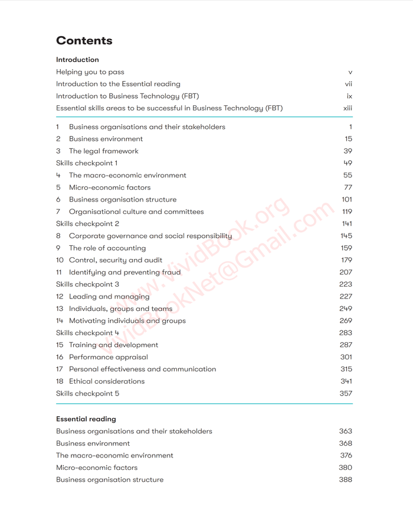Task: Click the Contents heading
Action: click(84, 41)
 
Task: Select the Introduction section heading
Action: click(77, 60)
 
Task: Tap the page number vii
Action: click(349, 84)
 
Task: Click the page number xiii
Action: click(348, 108)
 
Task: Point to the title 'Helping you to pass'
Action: click(90, 72)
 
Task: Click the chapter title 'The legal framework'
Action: click(103, 151)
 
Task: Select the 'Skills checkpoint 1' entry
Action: click(87, 163)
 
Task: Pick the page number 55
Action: click(348, 176)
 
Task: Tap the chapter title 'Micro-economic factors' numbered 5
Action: click(109, 187)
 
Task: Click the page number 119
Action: click(347, 212)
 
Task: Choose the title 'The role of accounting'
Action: click(107, 248)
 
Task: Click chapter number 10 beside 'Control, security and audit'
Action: click(60, 260)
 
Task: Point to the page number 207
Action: click(346, 273)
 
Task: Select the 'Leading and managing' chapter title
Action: click(109, 297)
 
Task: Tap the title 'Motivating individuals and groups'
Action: click(127, 321)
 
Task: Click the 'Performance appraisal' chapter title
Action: click(108, 357)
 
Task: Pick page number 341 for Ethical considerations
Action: click(346, 381)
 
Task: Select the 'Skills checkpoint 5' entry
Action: click(87, 394)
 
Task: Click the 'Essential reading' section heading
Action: click(86, 419)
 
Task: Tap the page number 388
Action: click(345, 479)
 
